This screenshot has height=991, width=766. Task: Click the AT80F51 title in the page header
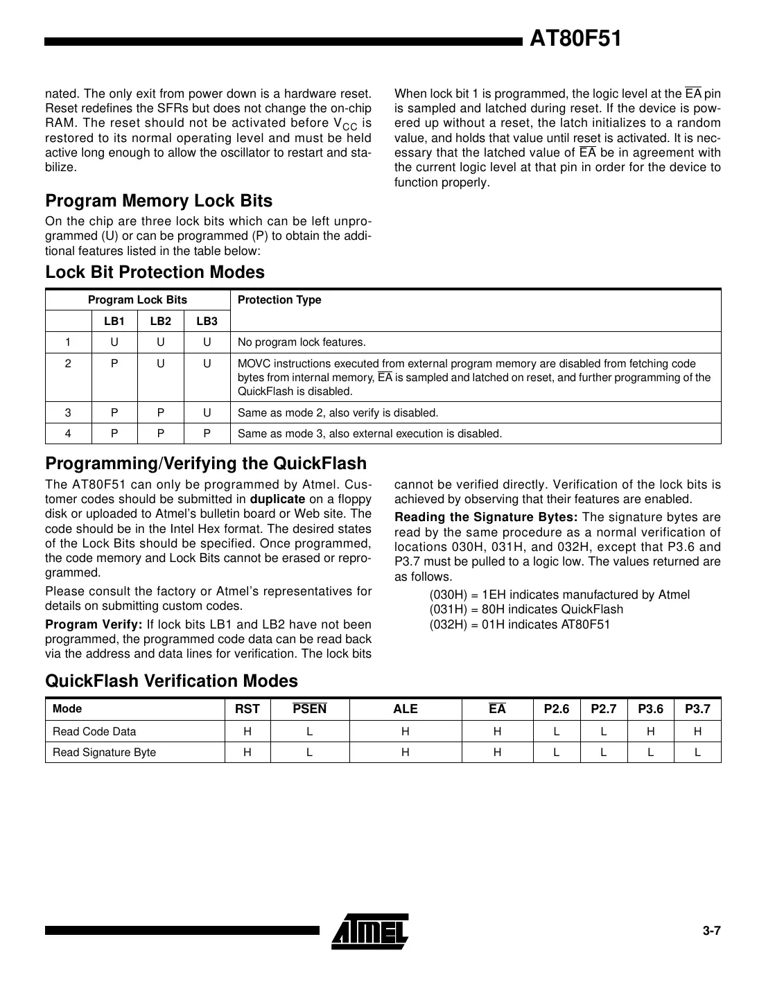pos(575,40)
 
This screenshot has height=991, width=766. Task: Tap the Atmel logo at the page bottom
pos(370,931)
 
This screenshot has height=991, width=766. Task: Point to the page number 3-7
pos(711,931)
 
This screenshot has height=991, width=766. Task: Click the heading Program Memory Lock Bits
pos(159,201)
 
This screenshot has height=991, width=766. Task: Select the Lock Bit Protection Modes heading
pos(155,272)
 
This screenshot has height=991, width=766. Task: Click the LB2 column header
pos(160,321)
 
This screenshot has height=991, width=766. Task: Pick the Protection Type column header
pos(279,300)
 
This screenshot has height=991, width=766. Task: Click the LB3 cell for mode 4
pos(207,434)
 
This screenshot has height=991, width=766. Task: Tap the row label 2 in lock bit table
pos(68,364)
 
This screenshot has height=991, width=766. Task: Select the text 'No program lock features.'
pos(302,342)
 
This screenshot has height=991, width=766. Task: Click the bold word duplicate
pos(277,499)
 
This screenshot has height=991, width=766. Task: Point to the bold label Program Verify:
pos(94,624)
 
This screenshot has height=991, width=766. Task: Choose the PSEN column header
pos(309,709)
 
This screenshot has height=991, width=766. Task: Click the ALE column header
pos(405,709)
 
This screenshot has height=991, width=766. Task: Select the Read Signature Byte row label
pos(104,753)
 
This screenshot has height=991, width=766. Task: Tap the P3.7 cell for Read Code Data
pos(697,732)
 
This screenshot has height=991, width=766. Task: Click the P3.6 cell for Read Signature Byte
pos(650,753)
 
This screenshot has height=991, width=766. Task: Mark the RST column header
pos(247,709)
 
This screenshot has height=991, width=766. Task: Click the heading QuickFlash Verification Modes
pos(171,681)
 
